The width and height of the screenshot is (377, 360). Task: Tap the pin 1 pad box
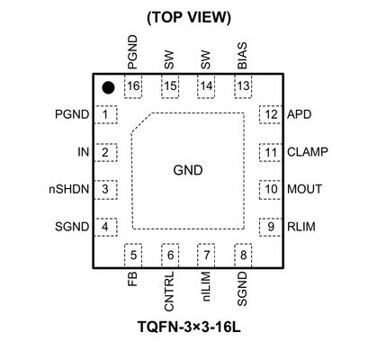tap(106, 115)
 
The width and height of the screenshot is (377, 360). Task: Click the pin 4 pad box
tap(106, 226)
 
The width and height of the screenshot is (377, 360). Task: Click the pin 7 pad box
tap(206, 256)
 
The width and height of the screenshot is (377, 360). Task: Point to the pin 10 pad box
tap(269, 189)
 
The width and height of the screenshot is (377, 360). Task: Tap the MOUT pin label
tap(305, 189)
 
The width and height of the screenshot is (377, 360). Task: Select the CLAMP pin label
tap(308, 152)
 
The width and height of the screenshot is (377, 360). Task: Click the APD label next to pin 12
tap(299, 115)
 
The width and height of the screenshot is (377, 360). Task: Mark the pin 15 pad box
tap(169, 85)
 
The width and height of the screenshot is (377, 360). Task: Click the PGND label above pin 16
tap(132, 51)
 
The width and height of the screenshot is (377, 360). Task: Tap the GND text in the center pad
tap(187, 170)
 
